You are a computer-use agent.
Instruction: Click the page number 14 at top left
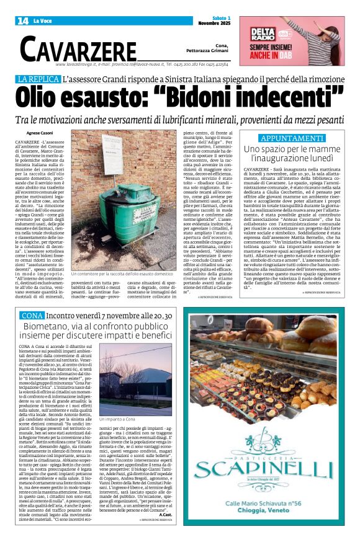click(23, 20)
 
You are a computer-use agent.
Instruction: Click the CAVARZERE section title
click(78, 48)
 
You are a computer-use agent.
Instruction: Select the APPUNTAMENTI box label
click(291, 137)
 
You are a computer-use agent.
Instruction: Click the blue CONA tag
click(32, 316)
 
